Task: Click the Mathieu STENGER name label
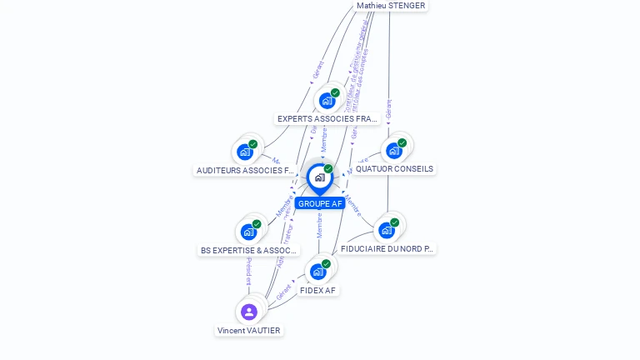click(x=391, y=6)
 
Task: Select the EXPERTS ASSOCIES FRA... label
click(x=327, y=119)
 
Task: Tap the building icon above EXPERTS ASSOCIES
click(x=327, y=101)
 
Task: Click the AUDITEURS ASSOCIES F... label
click(x=245, y=170)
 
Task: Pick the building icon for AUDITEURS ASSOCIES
click(x=245, y=152)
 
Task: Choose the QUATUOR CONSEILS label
click(x=394, y=169)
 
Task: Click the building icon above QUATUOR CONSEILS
click(x=394, y=151)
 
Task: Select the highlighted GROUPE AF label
click(x=320, y=203)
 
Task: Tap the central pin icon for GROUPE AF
click(x=320, y=177)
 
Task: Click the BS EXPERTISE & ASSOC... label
click(x=248, y=250)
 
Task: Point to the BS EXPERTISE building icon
click(x=248, y=232)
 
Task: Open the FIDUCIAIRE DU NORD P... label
click(x=387, y=248)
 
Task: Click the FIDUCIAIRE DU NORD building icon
click(x=387, y=230)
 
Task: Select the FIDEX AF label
click(x=318, y=290)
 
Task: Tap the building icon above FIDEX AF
click(x=317, y=271)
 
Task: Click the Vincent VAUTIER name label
click(x=249, y=330)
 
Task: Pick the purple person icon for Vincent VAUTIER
click(x=249, y=312)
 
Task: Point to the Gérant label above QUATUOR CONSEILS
click(x=388, y=109)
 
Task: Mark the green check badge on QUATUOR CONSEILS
click(x=402, y=143)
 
